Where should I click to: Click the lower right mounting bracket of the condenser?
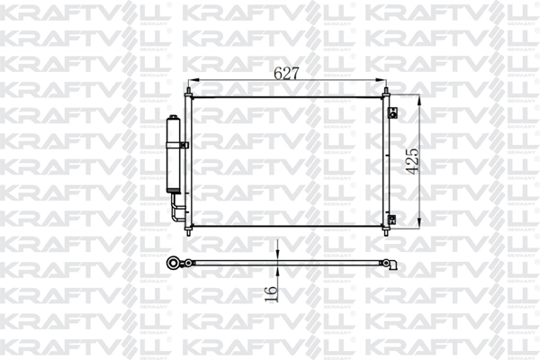click(x=393, y=219)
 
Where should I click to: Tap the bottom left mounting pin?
click(x=186, y=232)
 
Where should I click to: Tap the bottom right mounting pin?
click(x=387, y=232)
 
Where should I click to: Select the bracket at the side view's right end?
click(x=393, y=265)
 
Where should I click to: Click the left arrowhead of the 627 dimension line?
click(x=190, y=83)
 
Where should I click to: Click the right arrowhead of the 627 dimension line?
click(x=383, y=83)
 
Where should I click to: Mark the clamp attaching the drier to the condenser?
click(x=184, y=144)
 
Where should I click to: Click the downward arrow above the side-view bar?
click(x=278, y=256)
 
